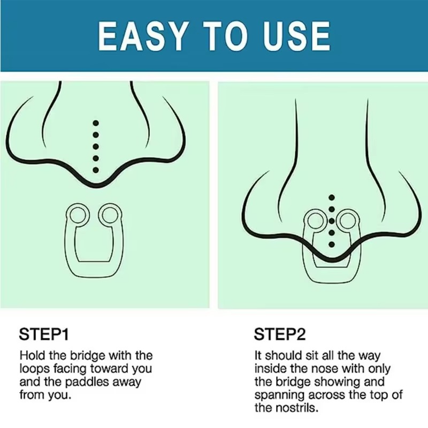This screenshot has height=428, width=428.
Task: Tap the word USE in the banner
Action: coord(296,36)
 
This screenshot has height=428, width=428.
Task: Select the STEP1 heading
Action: coord(44,334)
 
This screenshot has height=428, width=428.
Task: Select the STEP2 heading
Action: coord(280,334)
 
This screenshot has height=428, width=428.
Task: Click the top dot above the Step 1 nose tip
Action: coord(96,124)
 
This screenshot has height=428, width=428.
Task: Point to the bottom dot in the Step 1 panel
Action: coord(96,170)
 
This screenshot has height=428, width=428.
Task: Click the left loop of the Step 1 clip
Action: coord(78,215)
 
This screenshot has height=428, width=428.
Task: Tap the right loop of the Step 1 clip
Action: coord(110,215)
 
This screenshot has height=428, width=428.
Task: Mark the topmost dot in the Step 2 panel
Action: coord(332,197)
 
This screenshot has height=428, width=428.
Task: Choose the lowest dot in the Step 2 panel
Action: coord(332,244)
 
